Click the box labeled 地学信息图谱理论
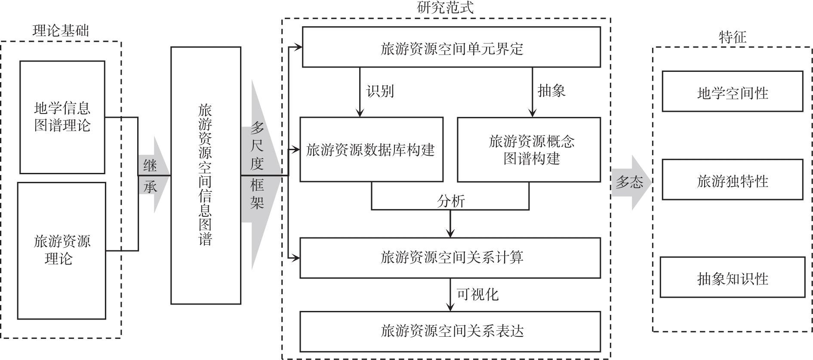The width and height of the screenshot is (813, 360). click(x=62, y=117)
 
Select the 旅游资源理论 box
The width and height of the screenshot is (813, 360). click(x=62, y=251)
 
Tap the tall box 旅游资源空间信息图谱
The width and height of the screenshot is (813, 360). click(x=206, y=175)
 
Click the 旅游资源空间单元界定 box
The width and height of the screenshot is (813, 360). click(x=451, y=47)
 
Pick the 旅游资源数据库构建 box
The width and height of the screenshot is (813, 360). click(x=371, y=149)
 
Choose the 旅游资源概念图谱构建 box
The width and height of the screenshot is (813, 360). click(x=529, y=150)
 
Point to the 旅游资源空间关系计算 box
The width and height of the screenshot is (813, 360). click(x=450, y=258)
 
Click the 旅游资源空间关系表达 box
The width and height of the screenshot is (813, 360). click(x=450, y=332)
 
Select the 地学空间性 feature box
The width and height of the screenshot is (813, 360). click(x=732, y=91)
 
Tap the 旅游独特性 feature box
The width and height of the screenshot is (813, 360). click(x=732, y=179)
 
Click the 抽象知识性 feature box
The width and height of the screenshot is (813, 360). click(x=732, y=277)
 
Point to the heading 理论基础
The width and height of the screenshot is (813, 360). click(x=61, y=31)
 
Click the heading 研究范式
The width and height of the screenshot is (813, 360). click(x=445, y=7)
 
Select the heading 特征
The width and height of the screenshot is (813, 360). click(x=733, y=37)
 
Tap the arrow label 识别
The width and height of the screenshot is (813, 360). click(x=380, y=91)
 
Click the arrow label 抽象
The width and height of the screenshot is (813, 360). click(x=551, y=91)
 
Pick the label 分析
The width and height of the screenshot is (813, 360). click(x=451, y=201)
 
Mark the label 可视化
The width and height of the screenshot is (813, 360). click(x=477, y=294)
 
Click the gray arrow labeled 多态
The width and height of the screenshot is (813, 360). click(x=631, y=182)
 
